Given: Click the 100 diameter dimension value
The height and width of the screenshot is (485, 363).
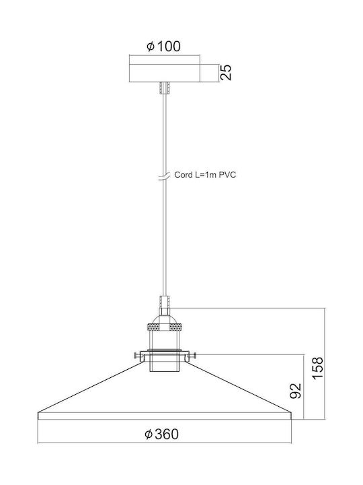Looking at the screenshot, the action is (x=169, y=46).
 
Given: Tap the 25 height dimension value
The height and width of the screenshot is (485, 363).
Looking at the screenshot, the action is (x=227, y=73).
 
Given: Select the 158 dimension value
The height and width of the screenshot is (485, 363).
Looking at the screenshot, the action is (x=317, y=368).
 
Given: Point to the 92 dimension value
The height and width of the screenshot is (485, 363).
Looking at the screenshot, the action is (x=295, y=391).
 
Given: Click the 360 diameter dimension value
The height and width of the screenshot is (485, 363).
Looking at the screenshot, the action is (x=167, y=434).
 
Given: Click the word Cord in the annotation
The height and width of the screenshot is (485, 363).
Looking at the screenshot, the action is (x=184, y=174).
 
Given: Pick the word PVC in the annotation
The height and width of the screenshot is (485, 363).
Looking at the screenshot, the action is (x=227, y=174).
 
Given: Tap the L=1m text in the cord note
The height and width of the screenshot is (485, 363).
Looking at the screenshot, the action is (x=206, y=174).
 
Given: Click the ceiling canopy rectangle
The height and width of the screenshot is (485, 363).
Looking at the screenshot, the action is (x=165, y=73).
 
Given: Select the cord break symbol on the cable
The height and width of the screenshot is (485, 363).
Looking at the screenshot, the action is (x=165, y=176).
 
